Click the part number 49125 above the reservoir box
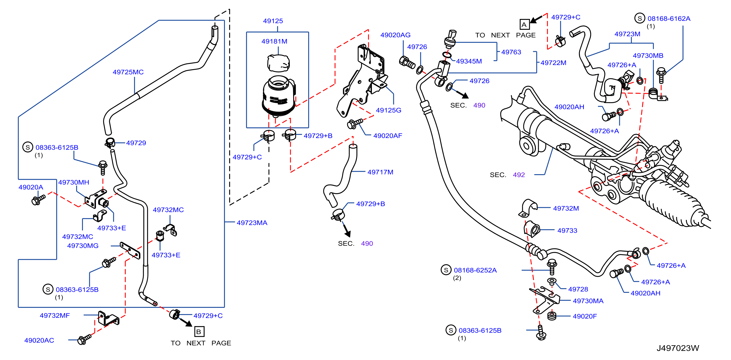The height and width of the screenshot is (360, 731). [x=273, y=21]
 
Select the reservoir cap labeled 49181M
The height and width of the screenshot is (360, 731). [x=278, y=63]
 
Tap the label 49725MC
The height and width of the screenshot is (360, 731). [x=128, y=72]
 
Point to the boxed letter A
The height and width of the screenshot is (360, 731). [x=524, y=25]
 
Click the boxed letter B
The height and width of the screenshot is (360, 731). [x=199, y=332]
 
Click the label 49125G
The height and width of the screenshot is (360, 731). [x=388, y=110]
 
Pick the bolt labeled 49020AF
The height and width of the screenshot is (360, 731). [x=355, y=123]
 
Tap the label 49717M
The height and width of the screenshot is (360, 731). [x=380, y=172]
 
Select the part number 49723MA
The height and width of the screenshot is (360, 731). [x=252, y=223]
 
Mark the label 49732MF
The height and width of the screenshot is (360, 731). [x=55, y=315]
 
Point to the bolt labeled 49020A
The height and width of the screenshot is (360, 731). [x=38, y=200]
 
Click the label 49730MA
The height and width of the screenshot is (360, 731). [x=588, y=301]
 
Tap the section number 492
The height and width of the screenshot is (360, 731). [x=519, y=175]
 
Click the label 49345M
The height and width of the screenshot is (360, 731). [x=469, y=61]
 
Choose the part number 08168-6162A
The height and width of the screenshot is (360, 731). [x=669, y=19]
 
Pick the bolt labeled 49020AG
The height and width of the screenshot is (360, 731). [x=407, y=62]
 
